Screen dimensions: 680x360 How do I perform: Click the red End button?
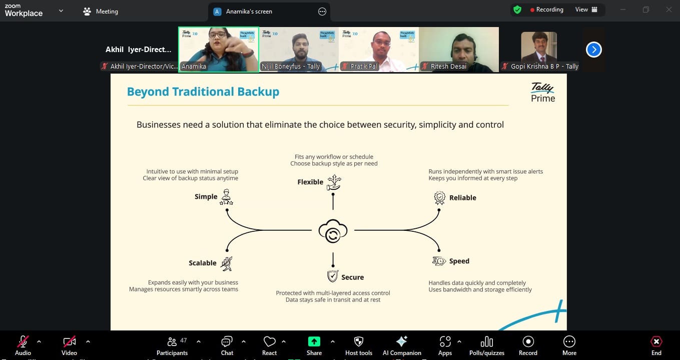click(656, 345)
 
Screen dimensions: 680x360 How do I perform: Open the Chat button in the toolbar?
click(227, 345)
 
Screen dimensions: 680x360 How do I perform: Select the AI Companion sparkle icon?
click(402, 341)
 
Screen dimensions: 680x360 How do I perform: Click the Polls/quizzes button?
click(487, 345)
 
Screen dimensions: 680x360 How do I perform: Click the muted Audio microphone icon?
click(23, 341)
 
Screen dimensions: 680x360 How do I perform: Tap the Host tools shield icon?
click(359, 341)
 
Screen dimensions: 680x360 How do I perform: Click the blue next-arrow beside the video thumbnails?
click(594, 50)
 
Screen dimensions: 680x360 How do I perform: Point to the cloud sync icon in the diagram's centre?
click(333, 231)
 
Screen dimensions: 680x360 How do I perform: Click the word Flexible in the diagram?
click(310, 182)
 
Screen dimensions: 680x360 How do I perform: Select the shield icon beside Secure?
click(333, 276)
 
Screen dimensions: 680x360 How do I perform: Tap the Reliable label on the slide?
click(463, 198)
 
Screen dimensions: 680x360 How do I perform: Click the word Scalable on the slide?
click(203, 263)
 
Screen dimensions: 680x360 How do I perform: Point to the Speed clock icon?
click(439, 261)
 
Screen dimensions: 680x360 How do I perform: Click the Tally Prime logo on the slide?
click(543, 92)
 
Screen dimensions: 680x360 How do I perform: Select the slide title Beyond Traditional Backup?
click(203, 92)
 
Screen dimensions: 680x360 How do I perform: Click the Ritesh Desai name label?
click(448, 66)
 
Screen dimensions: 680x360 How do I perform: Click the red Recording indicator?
click(546, 10)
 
